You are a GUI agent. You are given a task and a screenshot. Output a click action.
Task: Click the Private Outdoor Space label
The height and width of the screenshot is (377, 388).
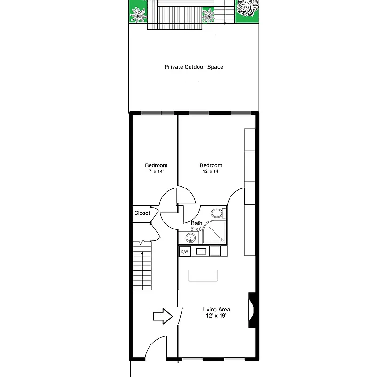click(x=194, y=67)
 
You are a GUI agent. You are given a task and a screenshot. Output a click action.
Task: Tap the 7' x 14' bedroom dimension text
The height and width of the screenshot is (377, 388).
click(x=156, y=172)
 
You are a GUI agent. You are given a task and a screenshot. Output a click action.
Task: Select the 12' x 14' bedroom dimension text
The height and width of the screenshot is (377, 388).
click(x=211, y=172)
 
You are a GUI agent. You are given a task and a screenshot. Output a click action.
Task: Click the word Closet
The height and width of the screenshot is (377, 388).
click(x=142, y=213)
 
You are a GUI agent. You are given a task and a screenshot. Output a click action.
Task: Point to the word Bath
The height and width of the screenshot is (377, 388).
click(x=197, y=223)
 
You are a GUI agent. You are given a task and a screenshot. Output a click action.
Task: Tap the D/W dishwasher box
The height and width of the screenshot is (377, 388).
click(x=185, y=252)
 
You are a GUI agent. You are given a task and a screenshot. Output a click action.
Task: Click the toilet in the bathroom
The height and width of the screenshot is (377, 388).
click(x=217, y=214)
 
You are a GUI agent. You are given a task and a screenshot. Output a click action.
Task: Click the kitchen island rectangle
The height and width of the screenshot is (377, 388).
click(x=203, y=275)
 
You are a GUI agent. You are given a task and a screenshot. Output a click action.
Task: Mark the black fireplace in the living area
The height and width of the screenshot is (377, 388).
click(x=253, y=310)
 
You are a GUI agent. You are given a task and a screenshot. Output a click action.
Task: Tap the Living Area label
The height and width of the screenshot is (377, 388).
click(x=216, y=310)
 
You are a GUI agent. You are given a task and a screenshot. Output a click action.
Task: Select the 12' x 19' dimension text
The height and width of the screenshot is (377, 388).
click(x=216, y=316)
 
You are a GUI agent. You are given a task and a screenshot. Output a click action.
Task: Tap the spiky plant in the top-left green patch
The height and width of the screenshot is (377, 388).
click(x=138, y=14)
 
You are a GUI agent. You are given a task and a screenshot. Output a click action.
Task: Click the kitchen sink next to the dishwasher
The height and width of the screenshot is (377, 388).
click(x=201, y=251)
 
